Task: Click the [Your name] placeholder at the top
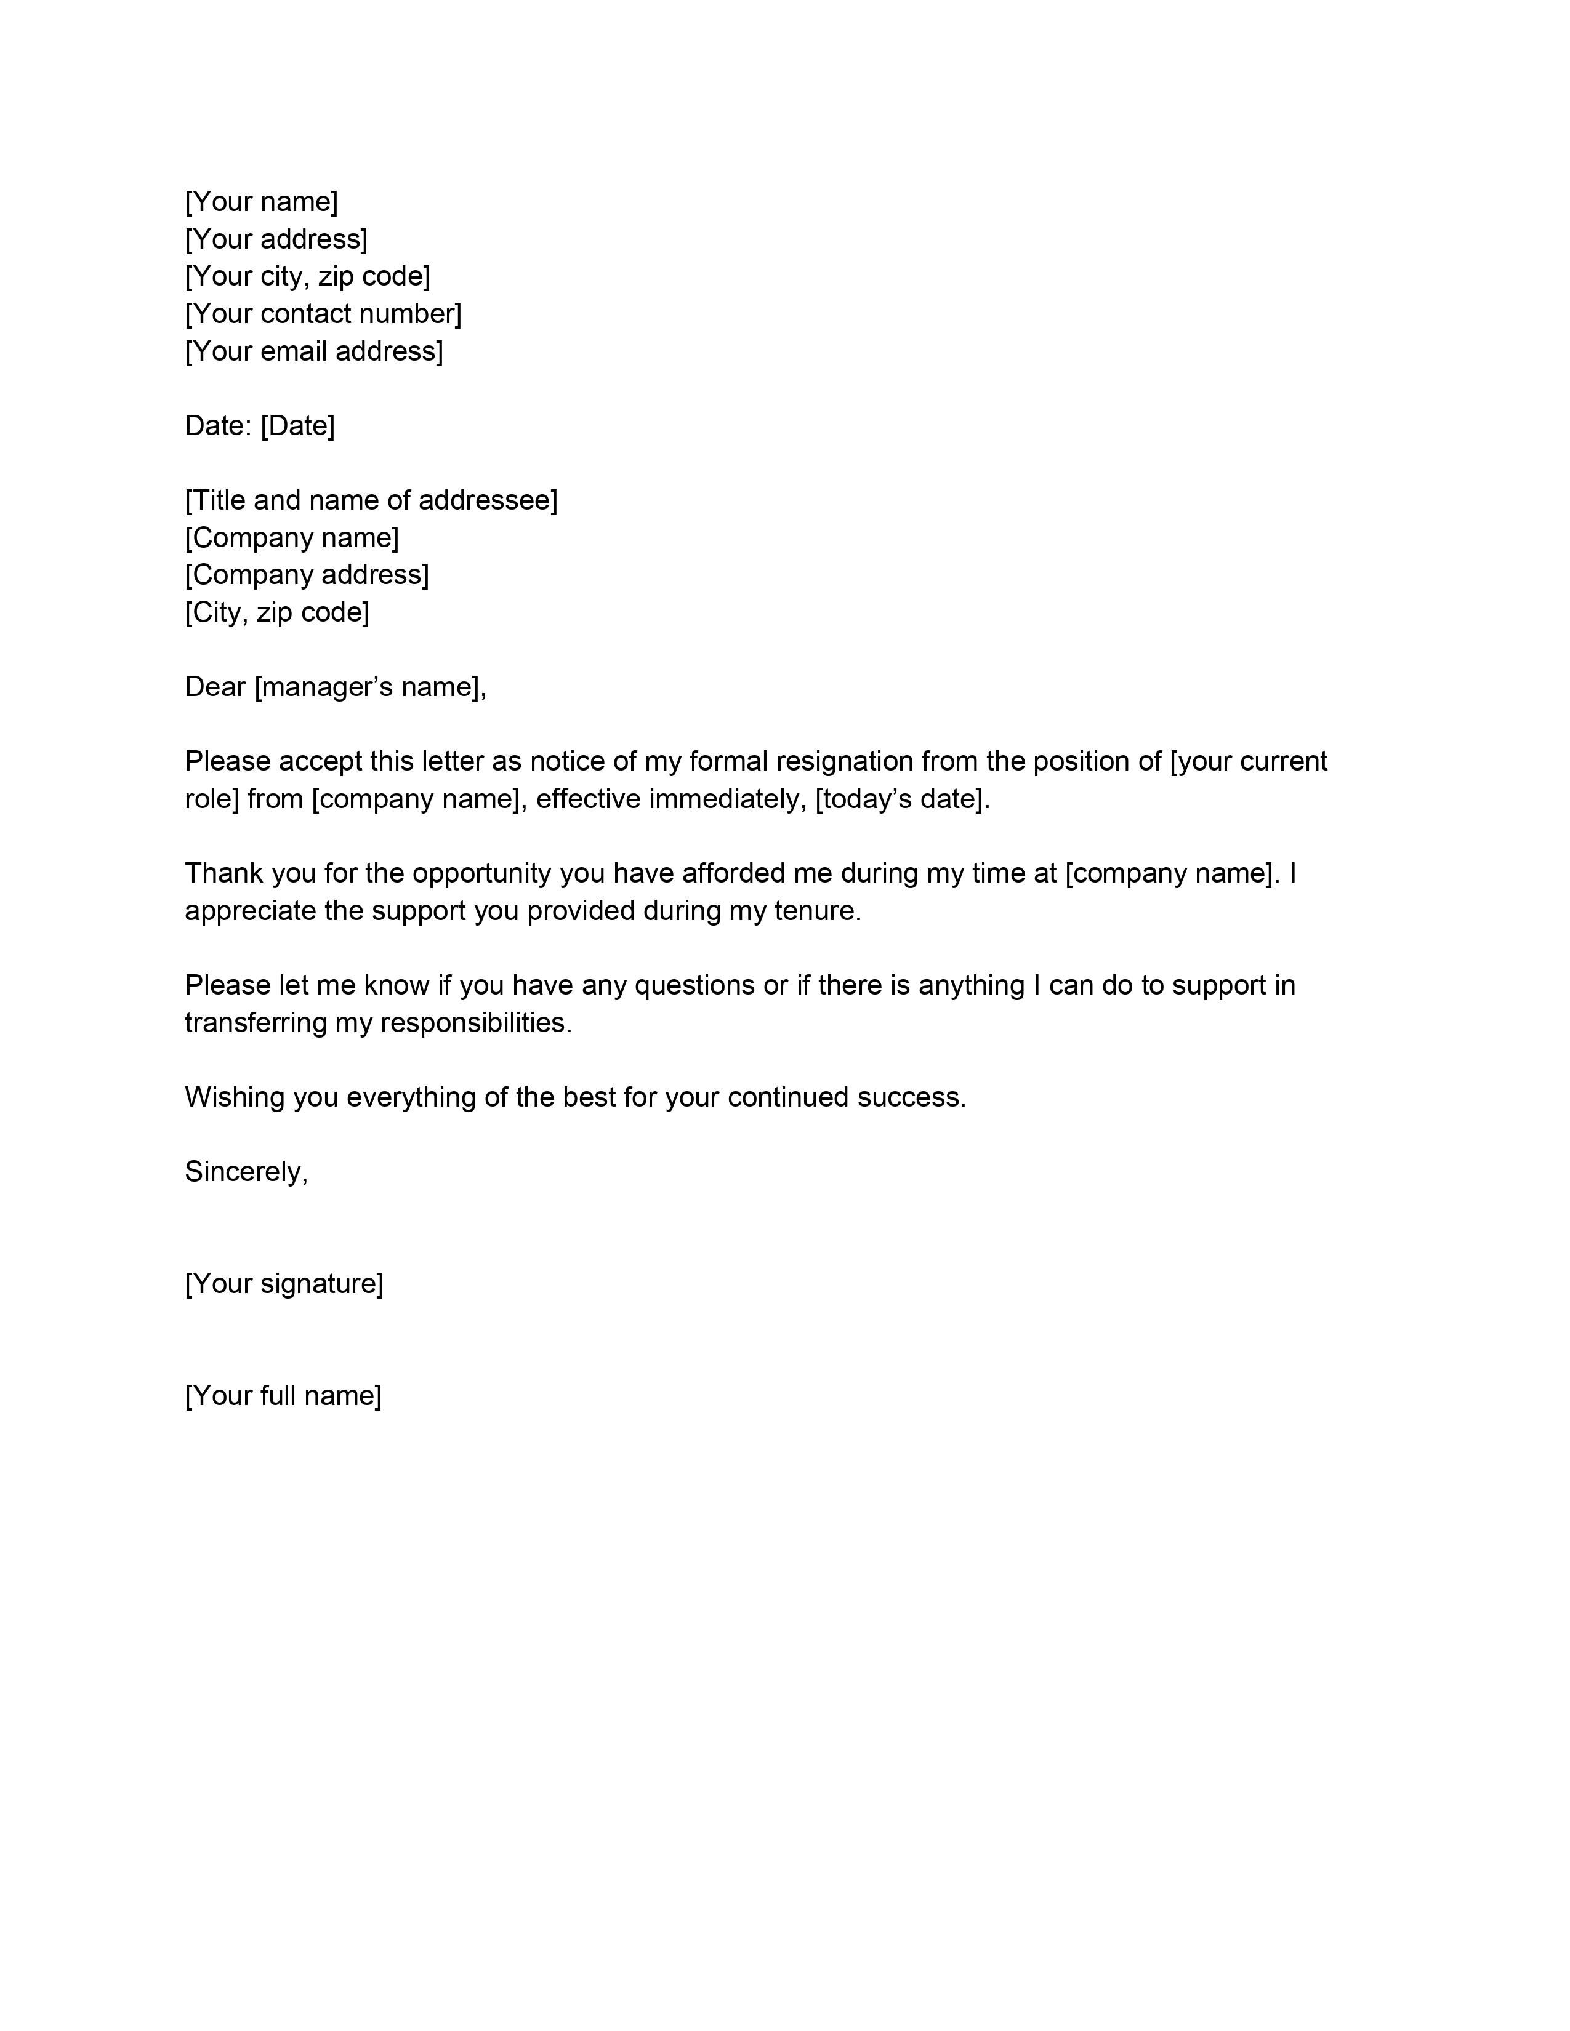click(261, 202)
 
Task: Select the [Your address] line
click(276, 239)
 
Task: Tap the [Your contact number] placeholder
click(323, 313)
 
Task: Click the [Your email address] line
click(313, 351)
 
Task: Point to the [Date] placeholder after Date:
click(297, 426)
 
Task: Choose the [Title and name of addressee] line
click(371, 500)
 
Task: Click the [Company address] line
click(307, 575)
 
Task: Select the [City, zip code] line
click(277, 612)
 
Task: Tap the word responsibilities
click(475, 1023)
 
